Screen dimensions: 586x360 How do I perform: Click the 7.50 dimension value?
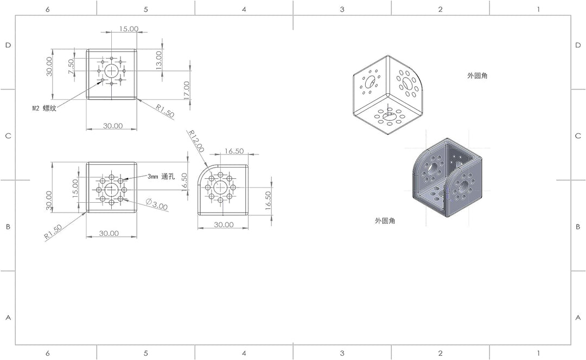pyautogui.click(x=71, y=67)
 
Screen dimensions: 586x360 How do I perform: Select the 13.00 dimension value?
pyautogui.click(x=159, y=60)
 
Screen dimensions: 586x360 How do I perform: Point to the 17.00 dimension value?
pyautogui.click(x=187, y=91)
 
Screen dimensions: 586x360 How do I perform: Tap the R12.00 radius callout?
pyautogui.click(x=196, y=141)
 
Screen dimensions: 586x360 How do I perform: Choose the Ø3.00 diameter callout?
pyautogui.click(x=156, y=204)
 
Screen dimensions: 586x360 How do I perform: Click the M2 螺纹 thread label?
pyautogui.click(x=44, y=108)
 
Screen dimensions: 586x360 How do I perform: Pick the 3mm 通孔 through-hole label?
pyautogui.click(x=161, y=176)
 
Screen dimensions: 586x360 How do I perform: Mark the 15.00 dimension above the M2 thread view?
pyautogui.click(x=129, y=29)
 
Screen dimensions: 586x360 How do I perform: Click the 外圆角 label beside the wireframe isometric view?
pyautogui.click(x=477, y=75)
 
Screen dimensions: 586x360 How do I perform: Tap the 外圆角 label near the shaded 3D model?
pyautogui.click(x=385, y=221)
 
